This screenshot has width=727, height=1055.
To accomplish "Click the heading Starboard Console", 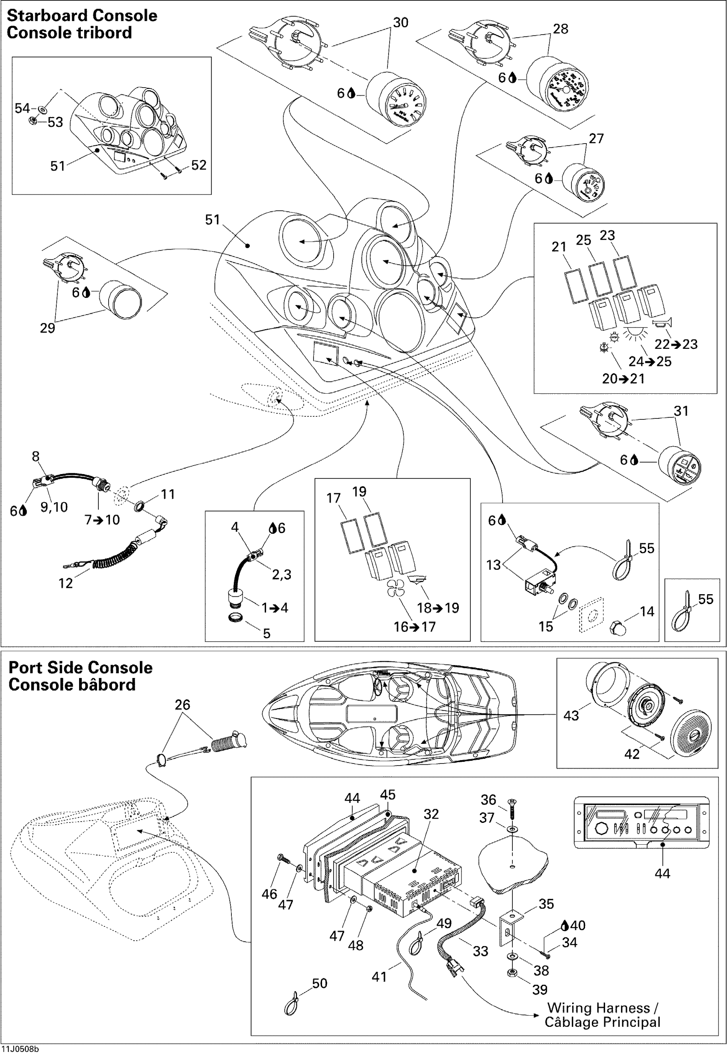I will click(82, 15).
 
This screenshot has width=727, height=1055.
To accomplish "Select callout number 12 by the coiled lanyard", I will click(65, 583).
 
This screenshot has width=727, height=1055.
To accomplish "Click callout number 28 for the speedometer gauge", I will click(560, 29).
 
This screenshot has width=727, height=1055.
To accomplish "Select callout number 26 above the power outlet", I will click(182, 705).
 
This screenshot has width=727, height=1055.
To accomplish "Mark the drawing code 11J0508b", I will click(20, 1049).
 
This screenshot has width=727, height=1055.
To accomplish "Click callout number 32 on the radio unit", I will click(431, 814).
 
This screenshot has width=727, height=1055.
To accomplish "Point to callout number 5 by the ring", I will click(266, 634).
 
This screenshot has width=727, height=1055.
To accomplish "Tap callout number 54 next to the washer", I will click(22, 109).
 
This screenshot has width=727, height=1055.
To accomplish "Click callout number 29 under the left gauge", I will click(47, 328).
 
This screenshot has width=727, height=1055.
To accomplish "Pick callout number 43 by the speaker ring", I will click(571, 715).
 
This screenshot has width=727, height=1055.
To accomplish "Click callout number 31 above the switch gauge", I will click(681, 411).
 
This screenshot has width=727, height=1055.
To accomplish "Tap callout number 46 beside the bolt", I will click(269, 894).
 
